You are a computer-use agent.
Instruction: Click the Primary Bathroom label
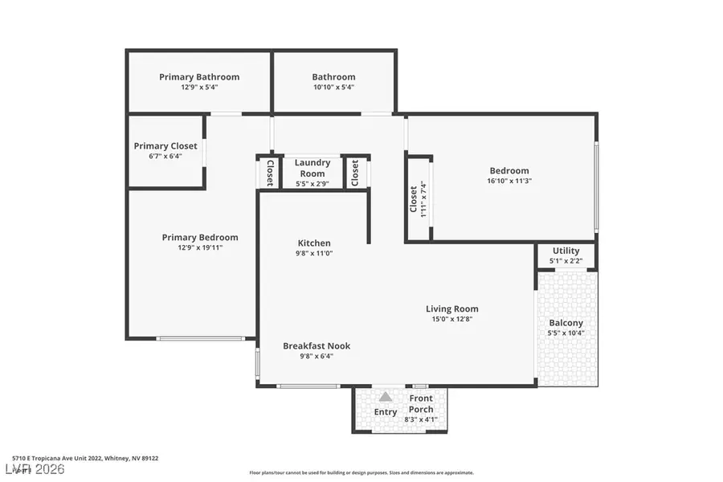pyautogui.click(x=199, y=77)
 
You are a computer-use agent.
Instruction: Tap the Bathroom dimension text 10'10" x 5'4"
pyautogui.click(x=333, y=88)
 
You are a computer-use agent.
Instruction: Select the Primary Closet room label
pyautogui.click(x=165, y=146)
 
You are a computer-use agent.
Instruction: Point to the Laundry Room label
pyautogui.click(x=312, y=168)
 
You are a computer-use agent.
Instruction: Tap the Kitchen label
pyautogui.click(x=313, y=243)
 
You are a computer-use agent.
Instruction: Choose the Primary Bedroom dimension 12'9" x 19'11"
pyautogui.click(x=200, y=247)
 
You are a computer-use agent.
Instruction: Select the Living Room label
pyautogui.click(x=451, y=308)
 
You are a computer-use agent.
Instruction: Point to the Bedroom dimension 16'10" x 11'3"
pyautogui.click(x=509, y=181)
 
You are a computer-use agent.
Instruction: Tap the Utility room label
pyautogui.click(x=566, y=251)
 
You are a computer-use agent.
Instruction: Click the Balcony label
pyautogui.click(x=566, y=323)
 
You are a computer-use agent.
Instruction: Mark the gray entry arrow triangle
pyautogui.click(x=386, y=397)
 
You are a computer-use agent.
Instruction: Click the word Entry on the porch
pyautogui.click(x=386, y=412)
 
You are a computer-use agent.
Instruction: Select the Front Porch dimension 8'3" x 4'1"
pyautogui.click(x=422, y=419)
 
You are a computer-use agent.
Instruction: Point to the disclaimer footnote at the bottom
pyautogui.click(x=361, y=473)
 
